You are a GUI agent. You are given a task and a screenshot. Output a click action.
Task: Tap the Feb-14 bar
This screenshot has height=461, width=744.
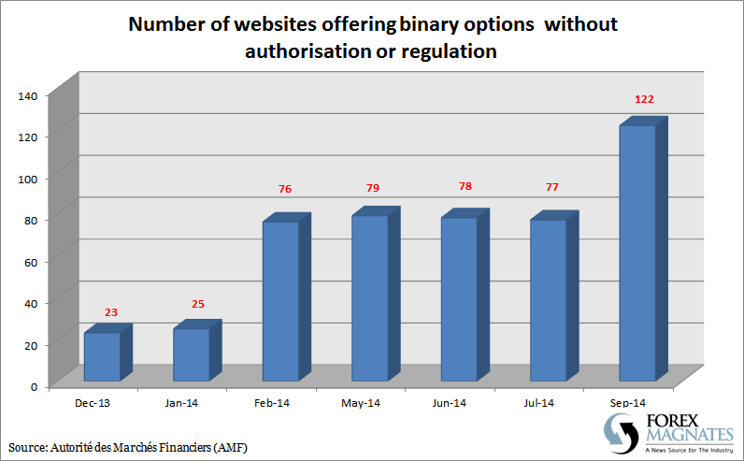(x=280, y=300)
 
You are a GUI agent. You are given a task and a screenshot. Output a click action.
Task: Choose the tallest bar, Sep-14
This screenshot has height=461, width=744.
(x=637, y=252)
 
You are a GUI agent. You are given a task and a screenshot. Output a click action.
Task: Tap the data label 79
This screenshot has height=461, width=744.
(x=372, y=189)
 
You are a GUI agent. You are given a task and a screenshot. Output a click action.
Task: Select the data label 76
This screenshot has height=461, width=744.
(x=286, y=190)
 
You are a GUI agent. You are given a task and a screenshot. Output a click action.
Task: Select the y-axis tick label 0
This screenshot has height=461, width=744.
(x=33, y=384)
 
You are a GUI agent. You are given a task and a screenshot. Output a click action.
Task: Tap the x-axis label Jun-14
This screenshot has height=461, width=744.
(x=450, y=403)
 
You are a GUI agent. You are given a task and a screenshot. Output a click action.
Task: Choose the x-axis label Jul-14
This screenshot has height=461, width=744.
(x=539, y=403)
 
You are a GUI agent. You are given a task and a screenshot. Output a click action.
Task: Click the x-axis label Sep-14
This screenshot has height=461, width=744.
(x=628, y=403)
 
